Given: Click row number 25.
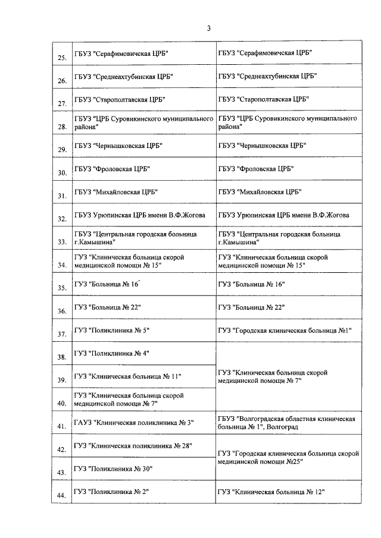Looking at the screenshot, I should click(x=61, y=58).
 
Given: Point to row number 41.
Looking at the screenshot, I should click(x=61, y=426).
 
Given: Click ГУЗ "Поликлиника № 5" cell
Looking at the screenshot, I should click(x=111, y=330).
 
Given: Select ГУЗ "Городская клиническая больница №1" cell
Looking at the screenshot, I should click(x=286, y=330).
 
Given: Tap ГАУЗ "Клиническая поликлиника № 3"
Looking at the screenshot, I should click(x=135, y=423).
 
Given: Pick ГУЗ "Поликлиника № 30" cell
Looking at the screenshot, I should click(x=113, y=469).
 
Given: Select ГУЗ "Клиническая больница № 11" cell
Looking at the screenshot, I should click(x=127, y=376).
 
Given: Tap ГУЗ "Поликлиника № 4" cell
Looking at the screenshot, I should click(x=111, y=353).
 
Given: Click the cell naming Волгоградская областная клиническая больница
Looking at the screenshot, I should click(x=287, y=423).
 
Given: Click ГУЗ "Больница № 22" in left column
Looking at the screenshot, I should click(x=107, y=307).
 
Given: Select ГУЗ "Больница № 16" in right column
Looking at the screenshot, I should click(x=251, y=284).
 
